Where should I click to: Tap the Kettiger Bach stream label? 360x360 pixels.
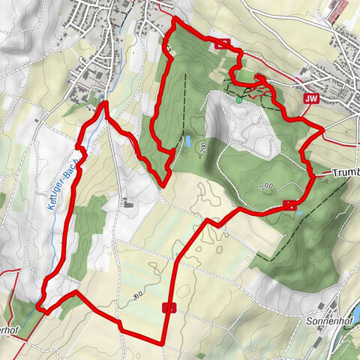(61, 183)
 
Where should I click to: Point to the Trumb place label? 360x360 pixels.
(344, 172)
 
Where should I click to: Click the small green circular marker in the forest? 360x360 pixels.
(239, 97)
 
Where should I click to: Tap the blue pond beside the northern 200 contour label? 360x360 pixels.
(186, 140)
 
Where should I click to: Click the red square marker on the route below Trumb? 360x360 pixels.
(289, 205)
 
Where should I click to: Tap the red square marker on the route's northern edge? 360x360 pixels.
(220, 43)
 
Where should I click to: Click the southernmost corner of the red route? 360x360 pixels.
(161, 343)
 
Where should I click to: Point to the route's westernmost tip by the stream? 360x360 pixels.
(38, 307)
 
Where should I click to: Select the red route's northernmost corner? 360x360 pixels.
(175, 18)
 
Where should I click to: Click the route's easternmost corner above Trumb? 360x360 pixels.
(323, 130)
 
